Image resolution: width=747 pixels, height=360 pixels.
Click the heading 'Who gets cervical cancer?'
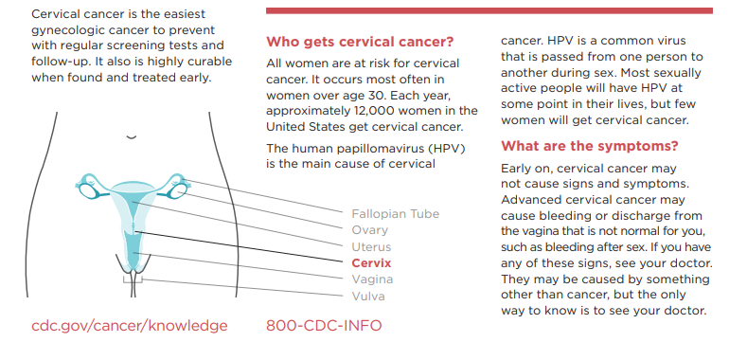pyautogui.click(x=360, y=42)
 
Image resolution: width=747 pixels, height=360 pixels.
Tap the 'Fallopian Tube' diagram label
pyautogui.click(x=395, y=214)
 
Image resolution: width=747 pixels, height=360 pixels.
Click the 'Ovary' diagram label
pyautogui.click(x=369, y=230)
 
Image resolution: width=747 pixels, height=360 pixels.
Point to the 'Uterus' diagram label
pyautogui.click(x=371, y=246)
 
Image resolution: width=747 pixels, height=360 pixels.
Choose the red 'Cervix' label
pyautogui.click(x=371, y=262)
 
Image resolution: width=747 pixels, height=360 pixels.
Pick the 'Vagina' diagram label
pyautogui.click(x=371, y=279)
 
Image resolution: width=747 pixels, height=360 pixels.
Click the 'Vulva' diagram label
pyautogui.click(x=368, y=296)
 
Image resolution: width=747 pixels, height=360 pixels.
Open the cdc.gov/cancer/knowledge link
pyautogui.click(x=130, y=326)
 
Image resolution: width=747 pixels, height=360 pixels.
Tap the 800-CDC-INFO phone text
pyautogui.click(x=325, y=326)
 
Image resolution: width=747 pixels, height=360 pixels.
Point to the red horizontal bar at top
pyautogui.click(x=489, y=10)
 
